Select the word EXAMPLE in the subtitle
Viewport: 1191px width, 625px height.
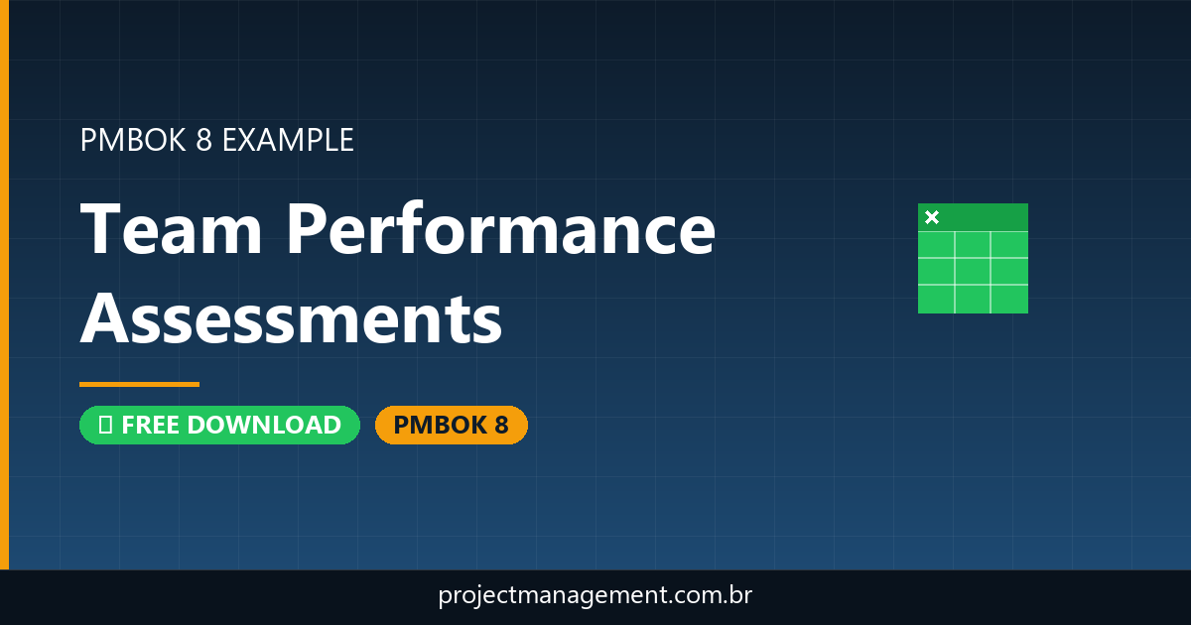pyautogui.click(x=288, y=140)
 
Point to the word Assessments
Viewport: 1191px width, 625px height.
pyautogui.click(x=291, y=319)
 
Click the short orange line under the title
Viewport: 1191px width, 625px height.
pyautogui.click(x=139, y=384)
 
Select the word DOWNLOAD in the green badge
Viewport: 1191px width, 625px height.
pyautogui.click(x=263, y=425)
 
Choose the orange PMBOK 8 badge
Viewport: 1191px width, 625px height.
pyautogui.click(x=451, y=425)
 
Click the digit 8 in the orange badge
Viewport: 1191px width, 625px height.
pyautogui.click(x=500, y=425)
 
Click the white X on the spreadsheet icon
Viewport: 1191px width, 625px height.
pyautogui.click(x=932, y=217)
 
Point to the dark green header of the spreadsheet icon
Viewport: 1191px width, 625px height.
pyautogui.click(x=983, y=217)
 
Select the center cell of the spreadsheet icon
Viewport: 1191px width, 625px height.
pyautogui.click(x=973, y=271)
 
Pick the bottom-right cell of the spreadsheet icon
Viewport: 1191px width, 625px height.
pyautogui.click(x=1009, y=299)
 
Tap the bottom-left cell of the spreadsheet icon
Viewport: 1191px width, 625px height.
pyautogui.click(x=936, y=299)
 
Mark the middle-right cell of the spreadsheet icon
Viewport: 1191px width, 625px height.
pyautogui.click(x=1009, y=271)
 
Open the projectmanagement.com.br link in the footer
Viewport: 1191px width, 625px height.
pyautogui.click(x=595, y=596)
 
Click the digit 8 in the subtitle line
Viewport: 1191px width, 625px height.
pyautogui.click(x=203, y=140)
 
